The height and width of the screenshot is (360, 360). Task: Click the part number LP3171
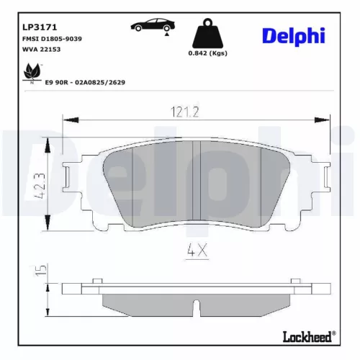(27, 14)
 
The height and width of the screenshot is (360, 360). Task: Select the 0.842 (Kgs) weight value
(209, 54)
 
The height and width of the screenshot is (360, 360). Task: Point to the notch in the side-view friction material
(197, 310)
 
